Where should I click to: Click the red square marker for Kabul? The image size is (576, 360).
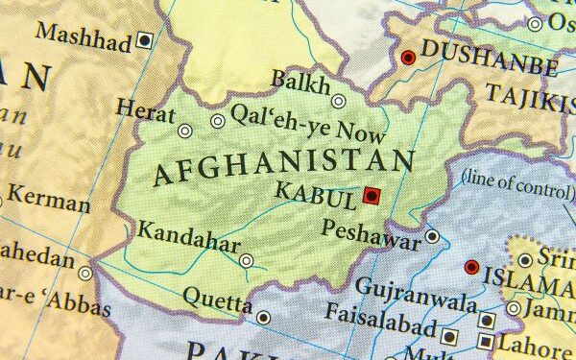(x=372, y=197)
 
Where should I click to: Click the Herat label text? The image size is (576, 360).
(x=146, y=108)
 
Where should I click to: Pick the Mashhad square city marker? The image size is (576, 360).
(x=145, y=40)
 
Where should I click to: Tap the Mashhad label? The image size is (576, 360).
(x=84, y=38)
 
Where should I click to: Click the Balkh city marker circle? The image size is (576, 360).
(x=339, y=101)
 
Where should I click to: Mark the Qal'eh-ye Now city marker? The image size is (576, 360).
(x=218, y=121)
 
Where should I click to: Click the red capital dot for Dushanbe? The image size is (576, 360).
(x=408, y=58)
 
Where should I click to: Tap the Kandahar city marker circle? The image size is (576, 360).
(x=247, y=260)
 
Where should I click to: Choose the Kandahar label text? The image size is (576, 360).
(x=188, y=237)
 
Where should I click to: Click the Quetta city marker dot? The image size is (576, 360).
(x=264, y=317)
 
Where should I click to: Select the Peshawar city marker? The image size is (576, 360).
(x=433, y=236)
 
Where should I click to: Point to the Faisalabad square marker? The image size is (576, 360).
(x=449, y=336)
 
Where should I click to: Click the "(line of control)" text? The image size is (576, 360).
(x=516, y=179)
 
